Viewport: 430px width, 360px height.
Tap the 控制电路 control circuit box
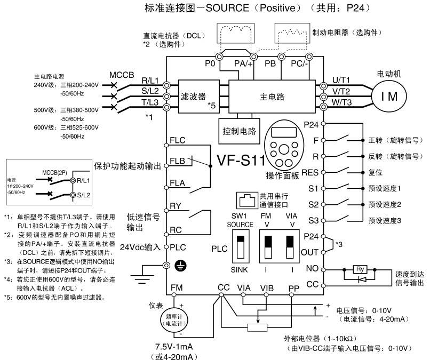[x=238, y=130]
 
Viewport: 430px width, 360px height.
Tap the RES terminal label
[x=310, y=173]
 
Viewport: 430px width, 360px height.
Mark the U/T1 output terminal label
[x=341, y=79]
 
